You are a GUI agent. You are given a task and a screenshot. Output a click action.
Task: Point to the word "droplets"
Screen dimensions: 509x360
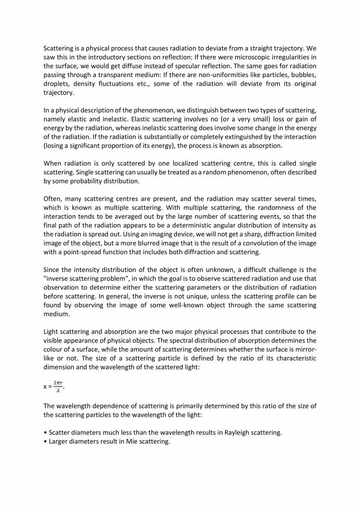(57, 84)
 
